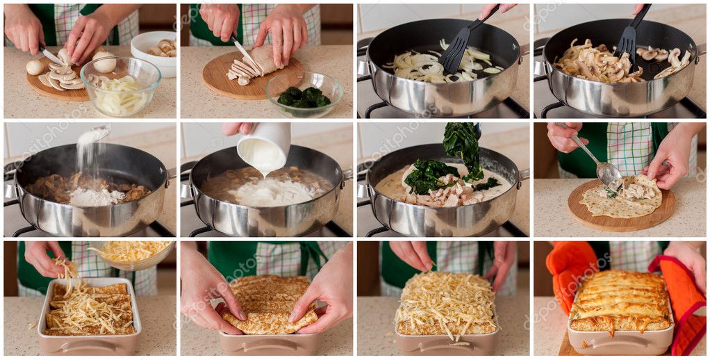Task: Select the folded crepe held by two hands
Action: tap(270, 306)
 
